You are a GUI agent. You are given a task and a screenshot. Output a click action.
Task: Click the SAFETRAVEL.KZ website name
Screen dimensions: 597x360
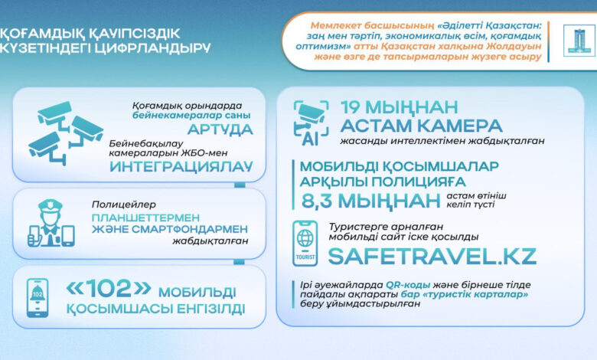pyautogui.click(x=432, y=257)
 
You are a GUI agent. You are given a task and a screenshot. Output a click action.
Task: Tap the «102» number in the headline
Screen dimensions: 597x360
pyautogui.click(x=109, y=288)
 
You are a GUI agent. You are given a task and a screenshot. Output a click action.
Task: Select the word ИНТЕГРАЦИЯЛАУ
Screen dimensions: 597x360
pyautogui.click(x=181, y=166)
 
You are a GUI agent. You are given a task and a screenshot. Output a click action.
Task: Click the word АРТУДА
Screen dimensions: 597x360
pyautogui.click(x=220, y=129)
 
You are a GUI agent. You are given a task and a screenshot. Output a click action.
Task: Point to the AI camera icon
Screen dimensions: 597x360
pyautogui.click(x=311, y=123)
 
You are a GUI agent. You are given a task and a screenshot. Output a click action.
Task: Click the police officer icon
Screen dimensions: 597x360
pyautogui.click(x=51, y=223)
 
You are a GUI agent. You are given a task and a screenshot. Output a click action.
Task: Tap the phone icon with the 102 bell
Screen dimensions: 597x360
pyautogui.click(x=38, y=298)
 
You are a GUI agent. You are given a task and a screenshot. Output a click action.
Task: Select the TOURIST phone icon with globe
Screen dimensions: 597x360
pyautogui.click(x=305, y=243)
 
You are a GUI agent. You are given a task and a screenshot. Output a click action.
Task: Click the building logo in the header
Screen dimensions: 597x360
pyautogui.click(x=579, y=41)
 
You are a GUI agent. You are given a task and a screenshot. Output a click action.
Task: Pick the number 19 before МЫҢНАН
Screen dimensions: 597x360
pyautogui.click(x=351, y=107)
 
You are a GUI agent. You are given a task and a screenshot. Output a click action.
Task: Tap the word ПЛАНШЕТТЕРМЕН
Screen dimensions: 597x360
pyautogui.click(x=145, y=218)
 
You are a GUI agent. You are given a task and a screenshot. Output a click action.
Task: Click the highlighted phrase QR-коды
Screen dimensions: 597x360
pyautogui.click(x=408, y=285)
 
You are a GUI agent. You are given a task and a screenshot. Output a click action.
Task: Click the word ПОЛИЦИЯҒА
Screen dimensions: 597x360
pyautogui.click(x=419, y=182)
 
